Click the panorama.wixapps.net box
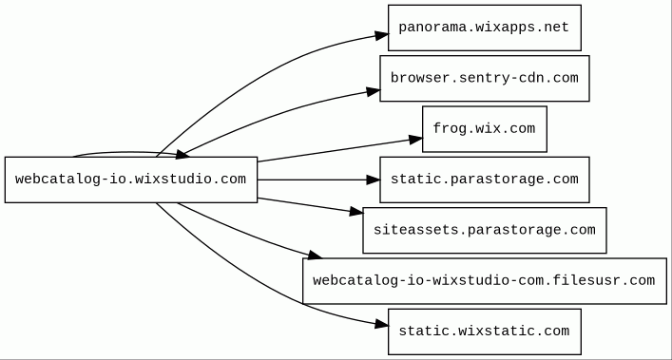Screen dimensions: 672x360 click(485, 28)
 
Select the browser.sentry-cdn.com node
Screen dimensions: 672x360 click(485, 78)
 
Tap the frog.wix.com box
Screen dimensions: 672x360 click(485, 129)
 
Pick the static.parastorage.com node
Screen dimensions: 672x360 click(485, 180)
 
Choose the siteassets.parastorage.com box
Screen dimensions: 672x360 click(485, 230)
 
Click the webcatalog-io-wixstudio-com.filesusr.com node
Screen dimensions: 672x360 click(485, 281)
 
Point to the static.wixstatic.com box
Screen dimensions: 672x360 click(485, 332)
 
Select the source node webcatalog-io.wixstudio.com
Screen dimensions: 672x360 click(131, 180)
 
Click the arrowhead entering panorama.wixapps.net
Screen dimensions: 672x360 click(382, 35)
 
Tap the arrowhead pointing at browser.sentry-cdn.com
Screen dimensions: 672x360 click(374, 91)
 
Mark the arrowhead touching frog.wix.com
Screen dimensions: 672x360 click(415, 139)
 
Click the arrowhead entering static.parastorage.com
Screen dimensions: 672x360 click(374, 180)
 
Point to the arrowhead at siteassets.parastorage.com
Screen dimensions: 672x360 click(356, 211)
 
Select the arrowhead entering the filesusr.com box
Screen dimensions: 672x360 click(315, 256)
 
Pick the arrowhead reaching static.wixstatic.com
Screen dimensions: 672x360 click(382, 324)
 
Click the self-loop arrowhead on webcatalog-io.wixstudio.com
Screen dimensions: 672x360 click(182, 154)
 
